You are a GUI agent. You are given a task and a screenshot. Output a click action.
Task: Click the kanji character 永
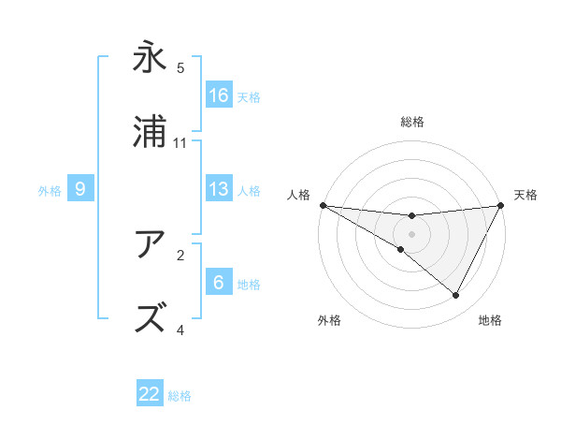(x=150, y=57)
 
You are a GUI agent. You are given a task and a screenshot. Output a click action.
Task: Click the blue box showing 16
(x=219, y=95)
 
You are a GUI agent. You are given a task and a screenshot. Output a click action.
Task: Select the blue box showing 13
(x=219, y=189)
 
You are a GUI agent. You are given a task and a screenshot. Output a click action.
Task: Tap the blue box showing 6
(x=219, y=283)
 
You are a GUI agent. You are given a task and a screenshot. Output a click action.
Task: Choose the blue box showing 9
(x=80, y=189)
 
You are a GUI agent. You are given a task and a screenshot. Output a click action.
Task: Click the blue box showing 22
(x=150, y=394)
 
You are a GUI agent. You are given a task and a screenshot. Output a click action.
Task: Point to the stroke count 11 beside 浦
(x=180, y=143)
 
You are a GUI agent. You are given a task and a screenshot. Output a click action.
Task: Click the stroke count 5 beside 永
(x=180, y=68)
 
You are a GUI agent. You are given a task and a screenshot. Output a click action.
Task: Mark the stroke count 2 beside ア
(x=180, y=255)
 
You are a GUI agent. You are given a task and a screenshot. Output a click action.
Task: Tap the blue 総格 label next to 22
(x=180, y=396)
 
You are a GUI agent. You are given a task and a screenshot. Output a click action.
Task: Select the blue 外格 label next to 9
(x=50, y=191)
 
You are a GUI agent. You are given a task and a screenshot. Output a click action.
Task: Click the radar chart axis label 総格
(x=412, y=123)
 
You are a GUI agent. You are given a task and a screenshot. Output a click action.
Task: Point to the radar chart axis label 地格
(x=490, y=321)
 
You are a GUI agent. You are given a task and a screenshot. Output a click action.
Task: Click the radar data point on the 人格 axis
(x=323, y=204)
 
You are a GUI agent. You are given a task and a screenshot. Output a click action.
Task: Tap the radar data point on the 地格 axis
(x=456, y=296)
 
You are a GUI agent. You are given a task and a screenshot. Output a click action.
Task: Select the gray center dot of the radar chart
(x=412, y=233)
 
